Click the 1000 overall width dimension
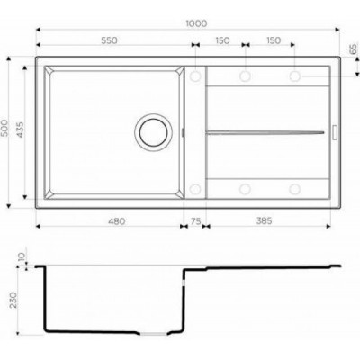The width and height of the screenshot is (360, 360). click(x=196, y=23)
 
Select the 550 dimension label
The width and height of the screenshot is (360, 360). click(x=109, y=40)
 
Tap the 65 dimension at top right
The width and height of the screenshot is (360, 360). click(x=354, y=49)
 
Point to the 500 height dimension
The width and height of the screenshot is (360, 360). click(x=5, y=128)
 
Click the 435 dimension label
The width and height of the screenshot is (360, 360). click(x=21, y=130)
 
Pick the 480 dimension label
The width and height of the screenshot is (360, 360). click(x=116, y=221)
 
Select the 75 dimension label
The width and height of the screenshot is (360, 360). click(x=195, y=221)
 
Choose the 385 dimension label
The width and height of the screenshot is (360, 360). click(x=264, y=220)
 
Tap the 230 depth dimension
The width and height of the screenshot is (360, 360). click(x=13, y=300)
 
